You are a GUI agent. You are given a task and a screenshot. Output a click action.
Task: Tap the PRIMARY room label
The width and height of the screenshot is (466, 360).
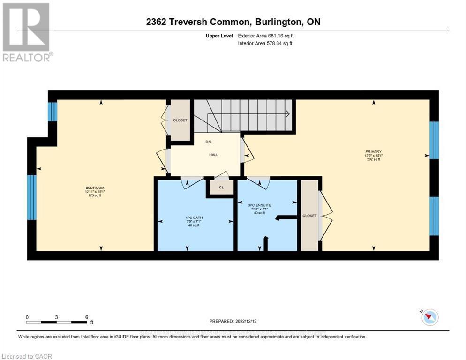pos(374,151)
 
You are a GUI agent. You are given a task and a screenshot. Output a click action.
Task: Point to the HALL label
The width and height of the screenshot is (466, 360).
pos(213,155)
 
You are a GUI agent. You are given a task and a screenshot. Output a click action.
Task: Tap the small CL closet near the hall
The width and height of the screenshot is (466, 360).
pos(221,187)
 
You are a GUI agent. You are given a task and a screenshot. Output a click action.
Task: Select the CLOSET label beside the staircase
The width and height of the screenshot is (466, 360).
pos(180,120)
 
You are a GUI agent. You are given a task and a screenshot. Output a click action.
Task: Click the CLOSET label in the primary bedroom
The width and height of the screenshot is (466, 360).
pos(309,216)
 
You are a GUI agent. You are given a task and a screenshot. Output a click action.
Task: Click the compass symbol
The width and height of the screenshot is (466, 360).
pos(429,317)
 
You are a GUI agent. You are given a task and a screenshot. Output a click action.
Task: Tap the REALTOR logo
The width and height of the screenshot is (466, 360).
pos(27,33)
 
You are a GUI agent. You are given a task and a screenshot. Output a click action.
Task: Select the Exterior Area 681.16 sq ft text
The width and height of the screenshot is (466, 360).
pos(266,36)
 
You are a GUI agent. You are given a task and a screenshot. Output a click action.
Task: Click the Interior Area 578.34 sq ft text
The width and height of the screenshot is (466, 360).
pos(265,44)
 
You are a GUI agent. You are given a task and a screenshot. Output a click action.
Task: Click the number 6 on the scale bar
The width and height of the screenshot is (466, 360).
pos(87,317)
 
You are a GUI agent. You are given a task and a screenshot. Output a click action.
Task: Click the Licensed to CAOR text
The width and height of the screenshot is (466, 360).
pos(27,356)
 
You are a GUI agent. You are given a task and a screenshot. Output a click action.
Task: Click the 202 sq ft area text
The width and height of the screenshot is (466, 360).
pos(374,159)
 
